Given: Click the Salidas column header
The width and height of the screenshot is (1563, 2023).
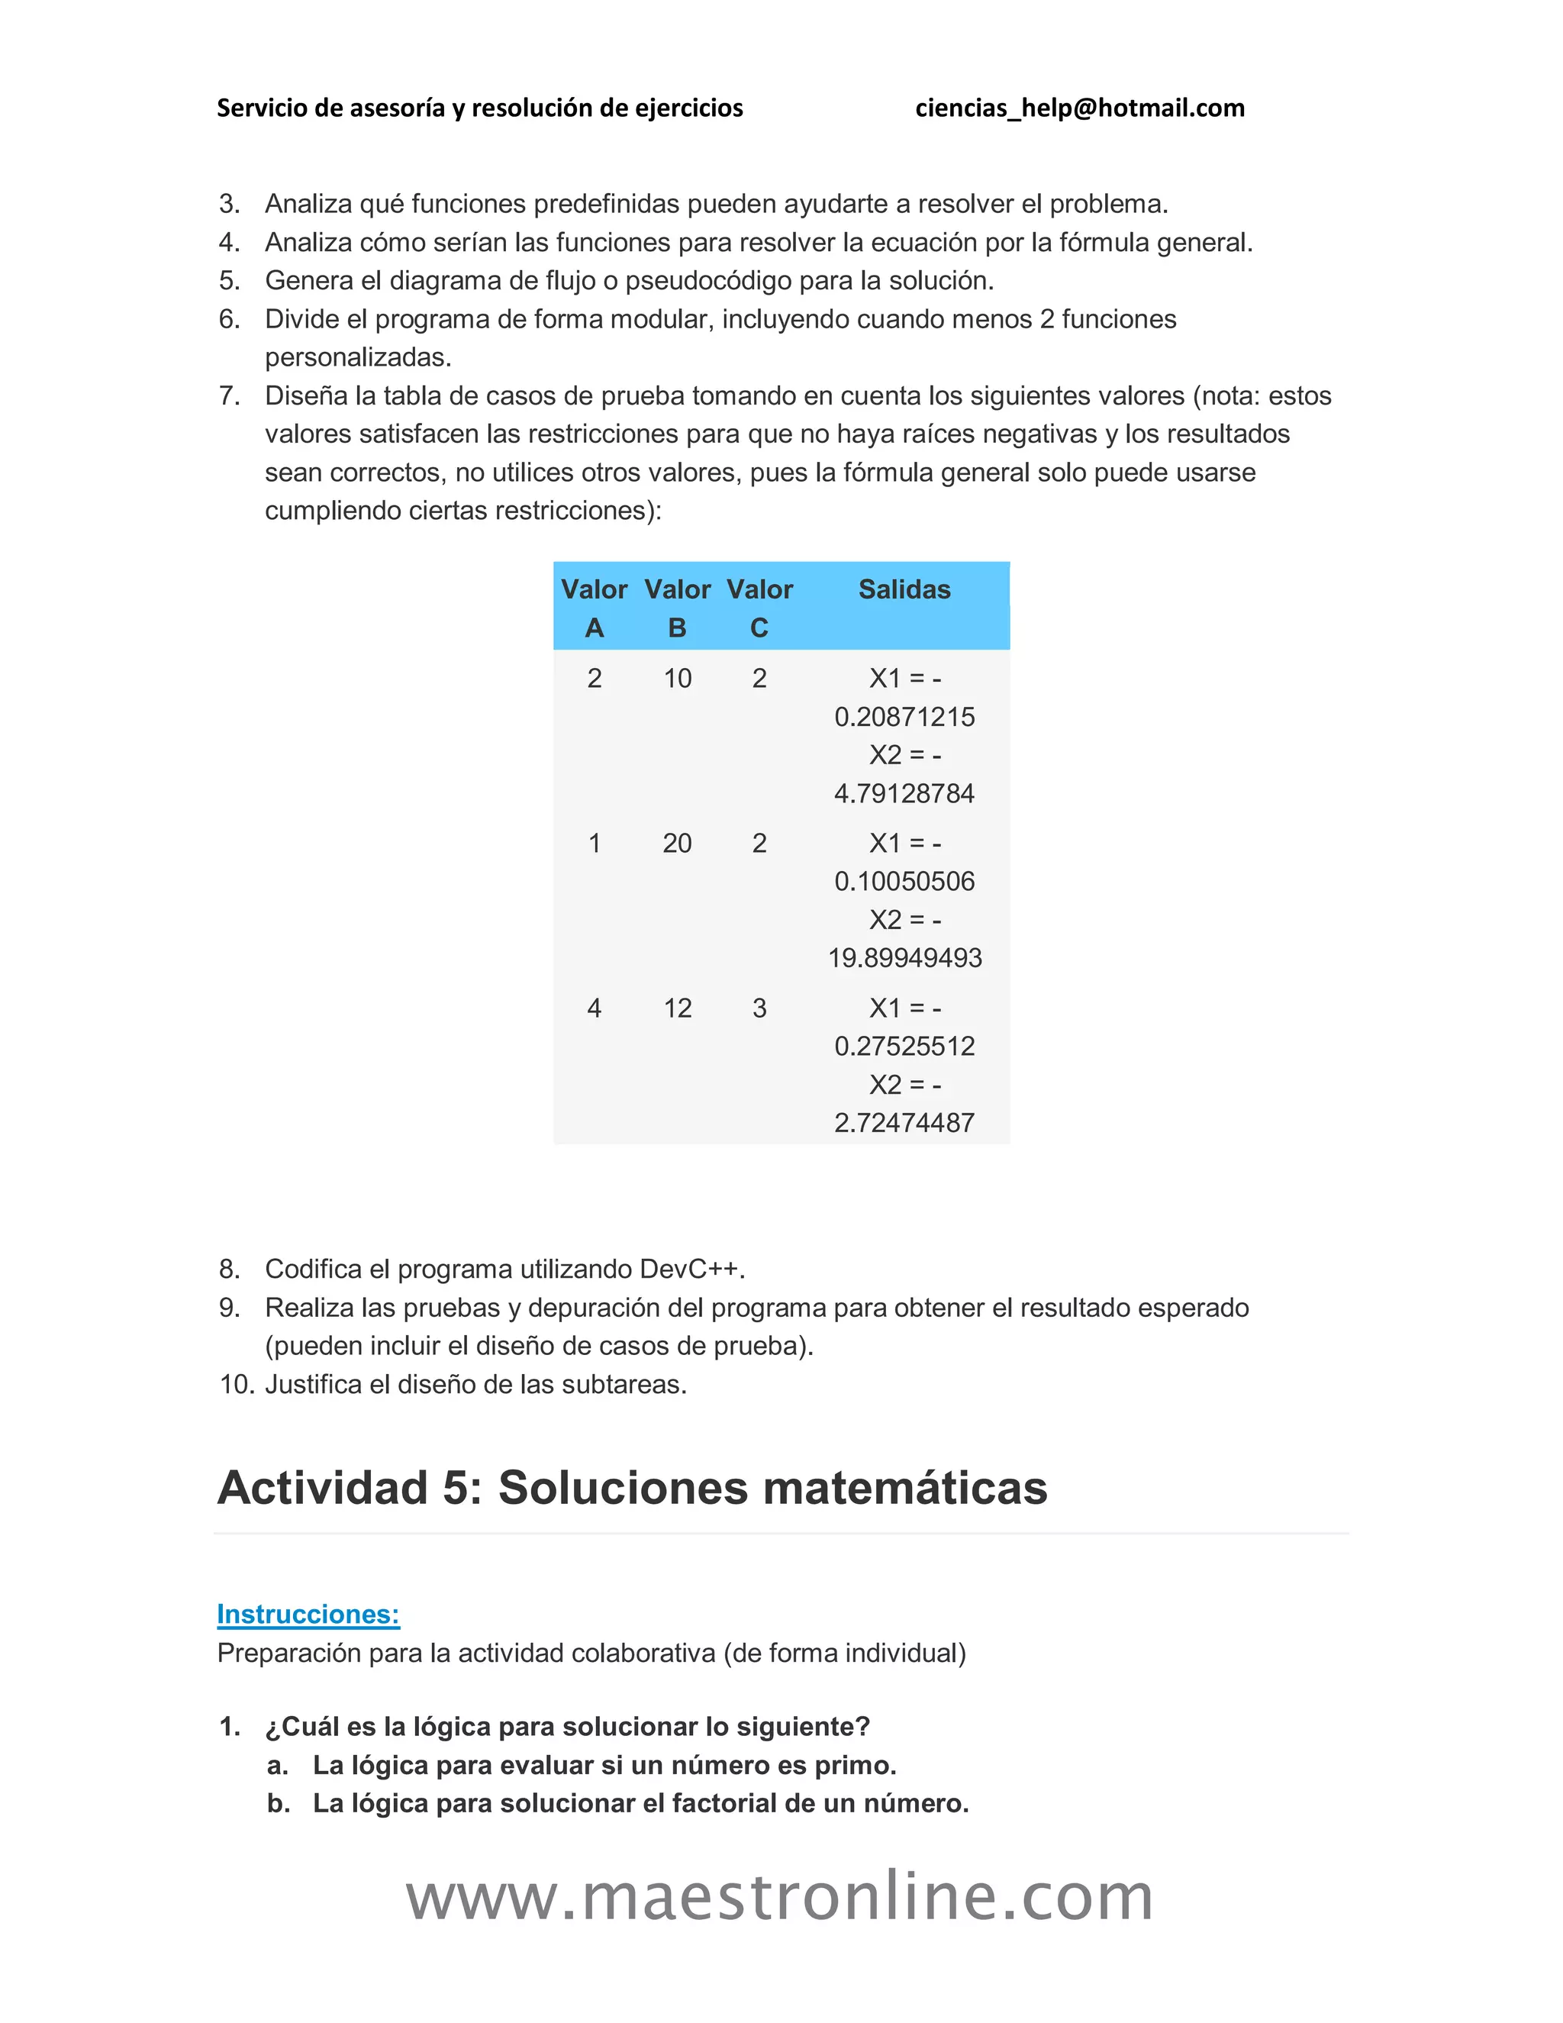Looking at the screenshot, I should [904, 589].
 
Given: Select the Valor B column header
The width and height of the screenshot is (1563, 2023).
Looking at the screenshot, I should [677, 608].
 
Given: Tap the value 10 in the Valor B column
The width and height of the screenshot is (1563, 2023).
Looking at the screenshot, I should [677, 678].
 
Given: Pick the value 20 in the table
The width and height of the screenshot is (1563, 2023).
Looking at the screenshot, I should [677, 843].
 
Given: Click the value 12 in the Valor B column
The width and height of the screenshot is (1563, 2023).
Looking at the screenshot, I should [677, 1008].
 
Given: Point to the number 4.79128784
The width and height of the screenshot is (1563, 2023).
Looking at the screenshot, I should [904, 794].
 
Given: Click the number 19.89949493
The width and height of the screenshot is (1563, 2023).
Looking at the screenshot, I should [904, 958].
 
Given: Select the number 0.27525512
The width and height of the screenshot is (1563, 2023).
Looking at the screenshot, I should [904, 1047].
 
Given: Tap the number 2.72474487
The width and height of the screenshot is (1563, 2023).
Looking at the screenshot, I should [904, 1123].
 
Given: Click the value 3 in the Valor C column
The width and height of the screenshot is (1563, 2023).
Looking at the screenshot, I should [759, 1008].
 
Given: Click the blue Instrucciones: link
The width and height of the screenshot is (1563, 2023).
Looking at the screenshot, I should [308, 1614].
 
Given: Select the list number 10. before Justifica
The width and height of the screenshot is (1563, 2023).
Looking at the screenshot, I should [236, 1385].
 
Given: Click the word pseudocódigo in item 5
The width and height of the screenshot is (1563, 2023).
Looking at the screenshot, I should [711, 281].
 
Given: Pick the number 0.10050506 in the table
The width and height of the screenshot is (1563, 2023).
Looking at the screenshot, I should [904, 881].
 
